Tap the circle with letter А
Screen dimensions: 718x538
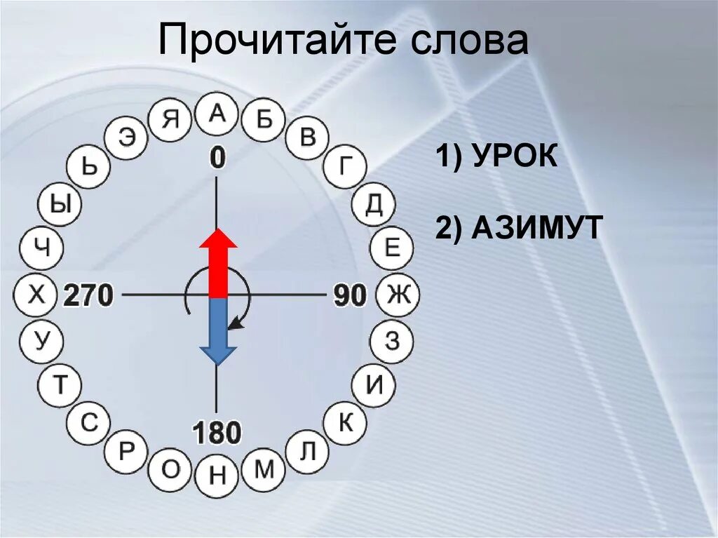pos(218,114)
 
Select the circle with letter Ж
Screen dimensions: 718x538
pos(398,295)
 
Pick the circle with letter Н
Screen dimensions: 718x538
pos(218,476)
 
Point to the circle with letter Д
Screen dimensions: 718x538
pos(374,204)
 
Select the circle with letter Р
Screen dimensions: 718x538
pos(126,451)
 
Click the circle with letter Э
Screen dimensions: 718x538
pos(126,138)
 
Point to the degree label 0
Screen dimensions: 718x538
pos(217,159)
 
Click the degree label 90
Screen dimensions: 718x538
pos(349,296)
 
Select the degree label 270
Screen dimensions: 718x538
pos(88,296)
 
